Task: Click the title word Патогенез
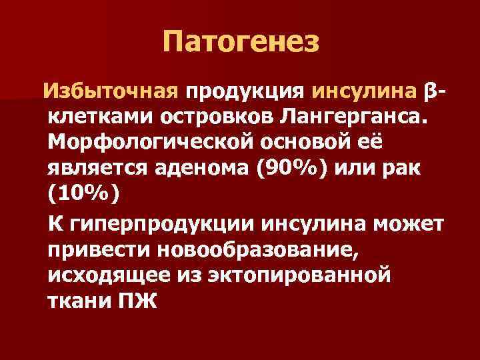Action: pos(240,43)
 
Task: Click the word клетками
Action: pos(100,117)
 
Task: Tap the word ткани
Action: pos(79,301)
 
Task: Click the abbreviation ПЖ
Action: pos(136,301)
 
